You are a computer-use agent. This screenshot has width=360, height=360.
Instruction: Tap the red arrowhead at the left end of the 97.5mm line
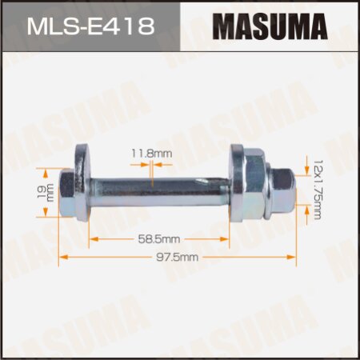pos(64,258)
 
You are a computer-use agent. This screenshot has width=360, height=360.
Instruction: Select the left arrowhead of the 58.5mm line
pos(91,238)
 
